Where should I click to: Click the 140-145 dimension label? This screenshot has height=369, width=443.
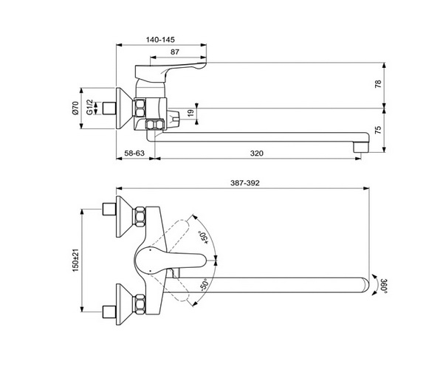click(160, 40)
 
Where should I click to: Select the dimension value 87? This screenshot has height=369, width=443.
click(175, 52)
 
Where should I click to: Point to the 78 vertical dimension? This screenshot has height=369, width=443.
click(378, 84)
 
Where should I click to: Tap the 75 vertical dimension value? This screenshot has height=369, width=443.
click(378, 130)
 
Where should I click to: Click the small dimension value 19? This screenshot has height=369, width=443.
click(191, 113)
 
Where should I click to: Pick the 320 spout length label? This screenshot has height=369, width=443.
click(256, 154)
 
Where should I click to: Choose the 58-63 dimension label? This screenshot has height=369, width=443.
click(134, 154)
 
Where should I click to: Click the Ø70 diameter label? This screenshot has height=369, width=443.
click(75, 108)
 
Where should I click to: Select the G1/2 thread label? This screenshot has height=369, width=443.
click(89, 107)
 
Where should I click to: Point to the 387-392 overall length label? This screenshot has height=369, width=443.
click(244, 183)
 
